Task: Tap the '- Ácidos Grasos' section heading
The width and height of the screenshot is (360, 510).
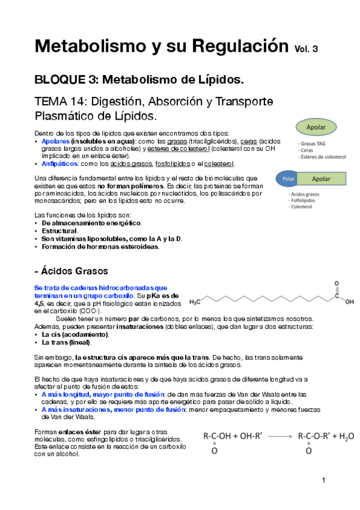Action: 72,271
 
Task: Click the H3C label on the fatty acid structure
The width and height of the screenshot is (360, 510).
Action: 197,302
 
